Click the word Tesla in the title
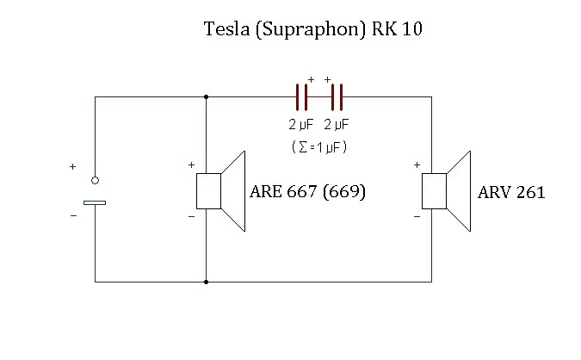point(223,30)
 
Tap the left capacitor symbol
point(301,96)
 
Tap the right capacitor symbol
point(337,96)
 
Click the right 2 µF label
point(337,125)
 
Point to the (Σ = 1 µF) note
point(319,147)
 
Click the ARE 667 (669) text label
point(308,192)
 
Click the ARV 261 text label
point(511,193)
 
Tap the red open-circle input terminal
point(95,180)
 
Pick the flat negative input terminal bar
point(95,203)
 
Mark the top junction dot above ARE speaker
point(207,96)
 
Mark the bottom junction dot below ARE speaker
point(207,282)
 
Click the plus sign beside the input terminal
point(72,166)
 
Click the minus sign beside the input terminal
point(72,215)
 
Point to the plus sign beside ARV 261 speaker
point(417,164)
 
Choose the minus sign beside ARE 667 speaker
point(191,217)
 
